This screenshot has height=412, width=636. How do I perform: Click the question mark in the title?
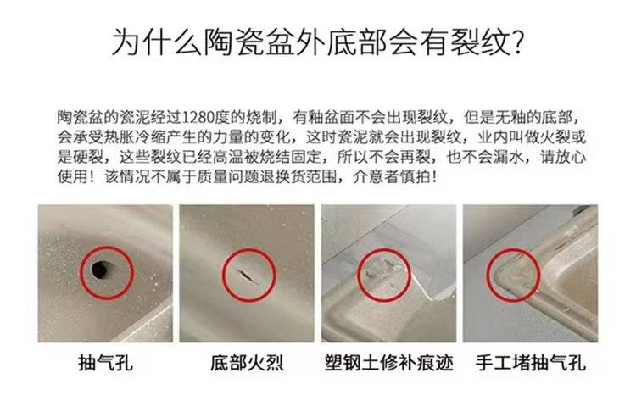[516, 42]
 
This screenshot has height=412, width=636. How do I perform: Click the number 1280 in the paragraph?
[198, 118]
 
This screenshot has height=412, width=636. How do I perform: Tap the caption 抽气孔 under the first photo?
[105, 362]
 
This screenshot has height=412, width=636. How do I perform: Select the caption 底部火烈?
[247, 362]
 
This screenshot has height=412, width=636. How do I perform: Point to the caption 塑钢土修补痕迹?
[389, 362]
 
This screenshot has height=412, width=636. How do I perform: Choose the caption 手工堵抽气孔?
[531, 362]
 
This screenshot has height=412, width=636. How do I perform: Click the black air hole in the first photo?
[100, 270]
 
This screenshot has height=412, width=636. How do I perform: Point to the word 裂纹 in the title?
[479, 42]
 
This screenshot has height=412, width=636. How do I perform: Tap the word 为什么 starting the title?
[157, 42]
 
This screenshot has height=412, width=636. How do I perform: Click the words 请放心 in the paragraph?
[563, 157]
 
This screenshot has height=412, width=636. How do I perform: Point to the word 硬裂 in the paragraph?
[88, 157]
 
